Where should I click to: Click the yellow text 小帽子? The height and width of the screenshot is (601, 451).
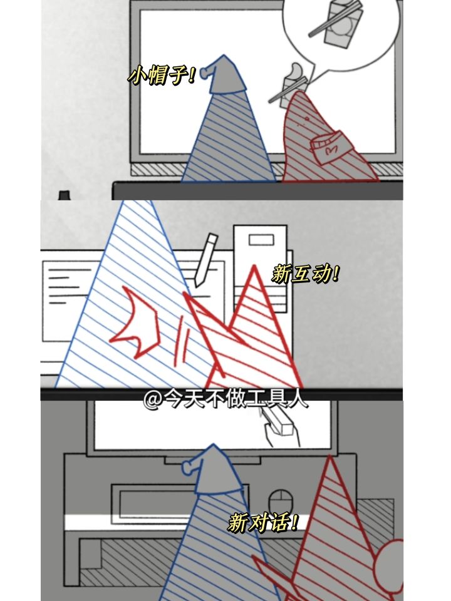162,74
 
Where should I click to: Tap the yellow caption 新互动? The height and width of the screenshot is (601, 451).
305,274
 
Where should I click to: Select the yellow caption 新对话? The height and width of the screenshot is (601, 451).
263,522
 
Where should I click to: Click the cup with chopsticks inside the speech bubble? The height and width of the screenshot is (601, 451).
338,23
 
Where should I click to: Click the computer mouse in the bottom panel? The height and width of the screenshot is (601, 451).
281,503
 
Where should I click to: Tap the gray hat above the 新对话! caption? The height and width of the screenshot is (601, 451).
215,469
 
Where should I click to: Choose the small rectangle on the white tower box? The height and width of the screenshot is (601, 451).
261,240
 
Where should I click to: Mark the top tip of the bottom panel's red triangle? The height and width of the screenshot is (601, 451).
329,456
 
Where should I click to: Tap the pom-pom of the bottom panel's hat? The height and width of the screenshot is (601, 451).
188,467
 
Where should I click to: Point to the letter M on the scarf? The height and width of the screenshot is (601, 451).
331,150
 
